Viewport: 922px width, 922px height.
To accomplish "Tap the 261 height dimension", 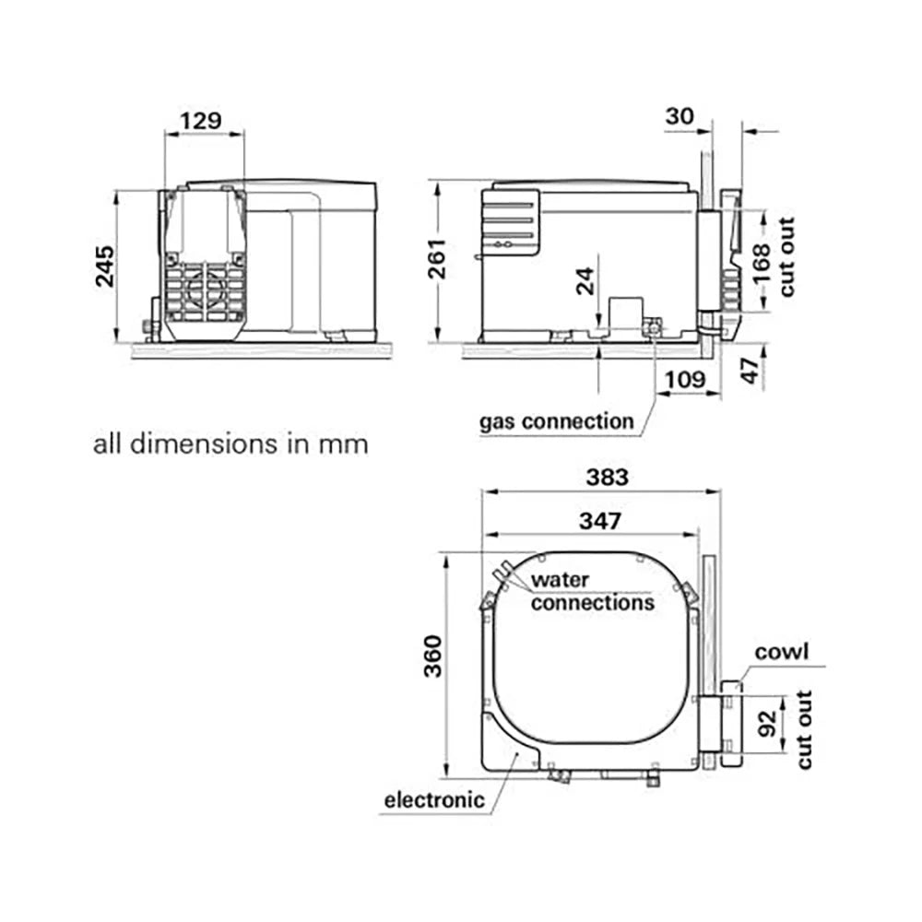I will (435, 263).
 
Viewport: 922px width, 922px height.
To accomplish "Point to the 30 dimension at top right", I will (680, 115).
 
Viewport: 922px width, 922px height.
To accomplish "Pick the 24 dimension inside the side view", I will (585, 281).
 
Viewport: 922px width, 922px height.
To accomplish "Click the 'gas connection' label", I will (556, 422).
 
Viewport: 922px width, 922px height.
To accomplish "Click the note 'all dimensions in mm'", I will (230, 444).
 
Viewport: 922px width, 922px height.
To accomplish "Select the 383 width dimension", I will (608, 478).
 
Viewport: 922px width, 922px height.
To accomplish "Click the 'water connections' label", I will (592, 592).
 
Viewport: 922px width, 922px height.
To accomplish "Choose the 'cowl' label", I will (781, 653).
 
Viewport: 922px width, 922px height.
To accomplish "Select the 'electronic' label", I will (433, 799).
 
